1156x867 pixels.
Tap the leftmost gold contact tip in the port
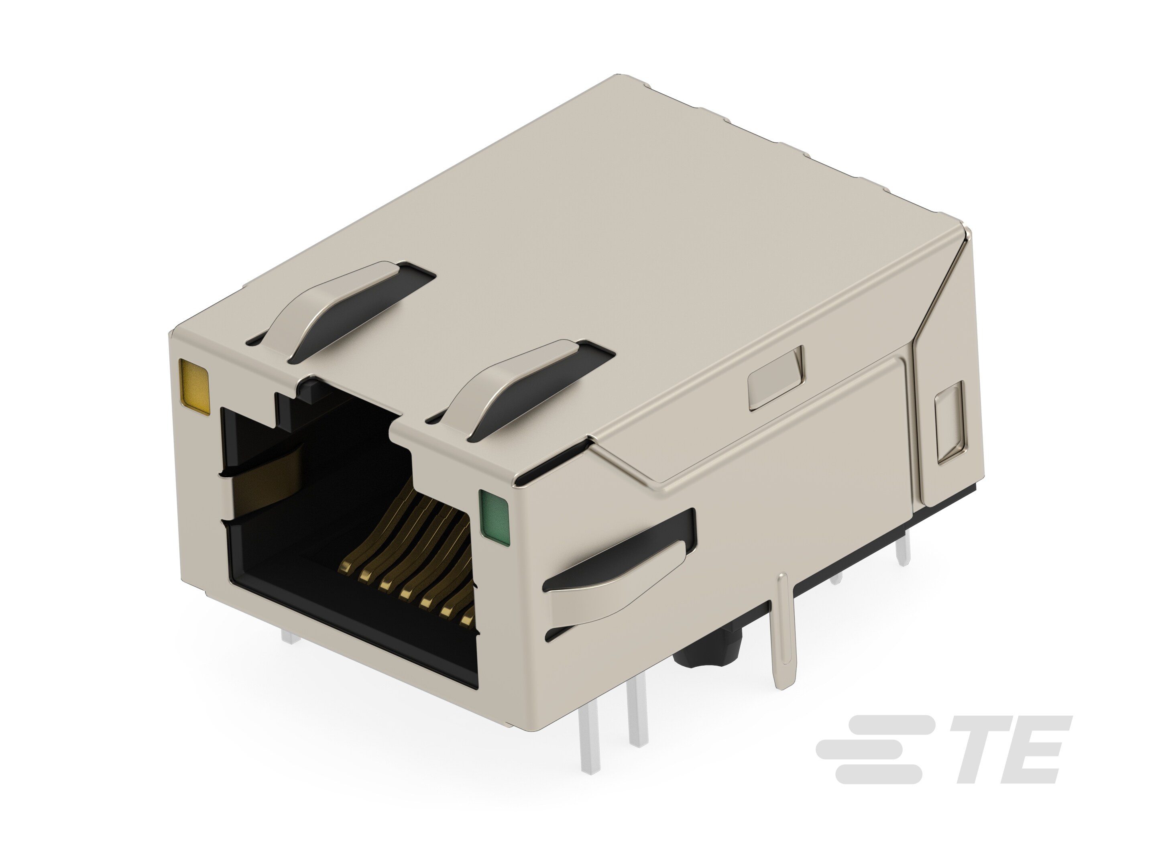[x=346, y=566]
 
